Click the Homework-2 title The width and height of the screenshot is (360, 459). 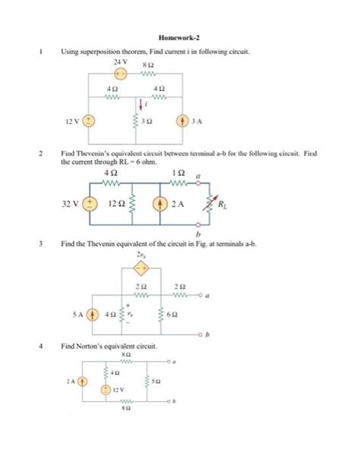179,36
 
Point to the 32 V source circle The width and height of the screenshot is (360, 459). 90,204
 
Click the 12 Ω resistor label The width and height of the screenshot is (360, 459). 116,204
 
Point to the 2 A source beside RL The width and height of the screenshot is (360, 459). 160,204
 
